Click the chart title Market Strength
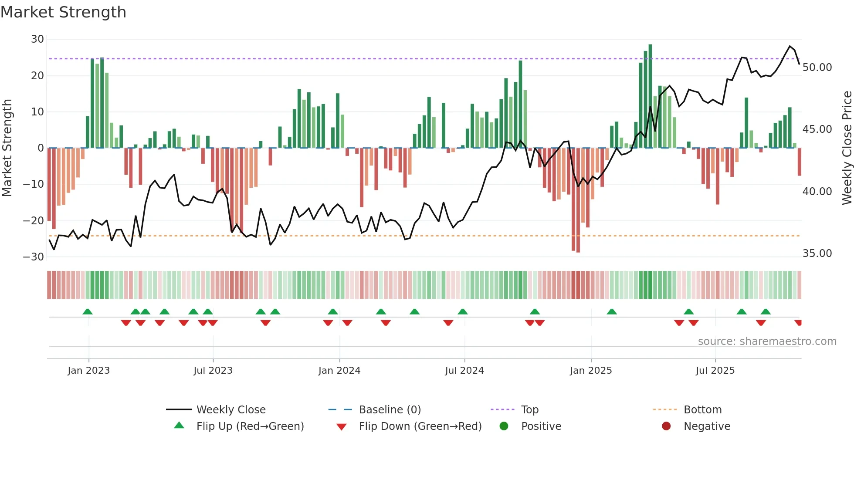tap(63, 12)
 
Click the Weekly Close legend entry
tap(230, 410)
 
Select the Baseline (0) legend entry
tap(390, 410)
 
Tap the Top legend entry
tap(529, 410)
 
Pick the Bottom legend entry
tap(702, 410)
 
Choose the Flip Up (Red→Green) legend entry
tap(250, 426)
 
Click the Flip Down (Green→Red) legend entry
tap(420, 426)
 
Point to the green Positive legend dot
tap(504, 426)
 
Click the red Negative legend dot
tap(666, 426)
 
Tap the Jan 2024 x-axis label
tap(339, 371)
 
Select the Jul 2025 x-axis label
tap(715, 371)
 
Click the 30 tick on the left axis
tap(37, 39)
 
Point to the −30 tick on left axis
tap(34, 257)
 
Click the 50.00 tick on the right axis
tap(817, 68)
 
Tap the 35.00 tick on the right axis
tap(817, 254)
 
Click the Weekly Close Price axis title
tap(847, 148)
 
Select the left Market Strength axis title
tap(7, 148)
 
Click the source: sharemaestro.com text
tap(767, 341)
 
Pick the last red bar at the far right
tap(800, 162)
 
